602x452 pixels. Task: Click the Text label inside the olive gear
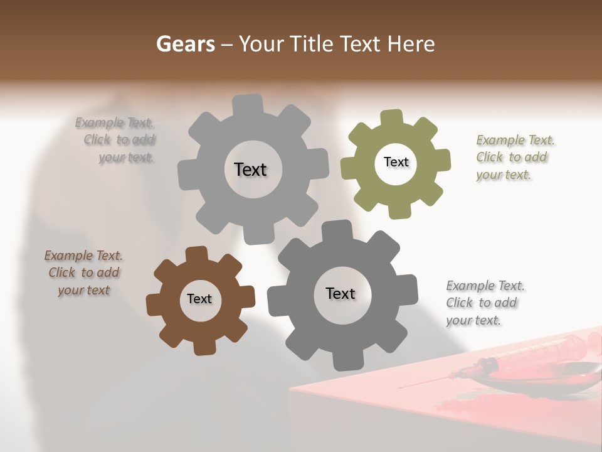coord(396,162)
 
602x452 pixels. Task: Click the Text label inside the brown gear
coord(199,299)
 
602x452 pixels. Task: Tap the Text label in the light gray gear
coord(250,169)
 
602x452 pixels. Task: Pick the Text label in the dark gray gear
coord(341,293)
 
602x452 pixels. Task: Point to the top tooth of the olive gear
coord(391,117)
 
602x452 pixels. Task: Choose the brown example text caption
coord(83,272)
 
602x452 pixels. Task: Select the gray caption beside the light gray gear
coord(117,140)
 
